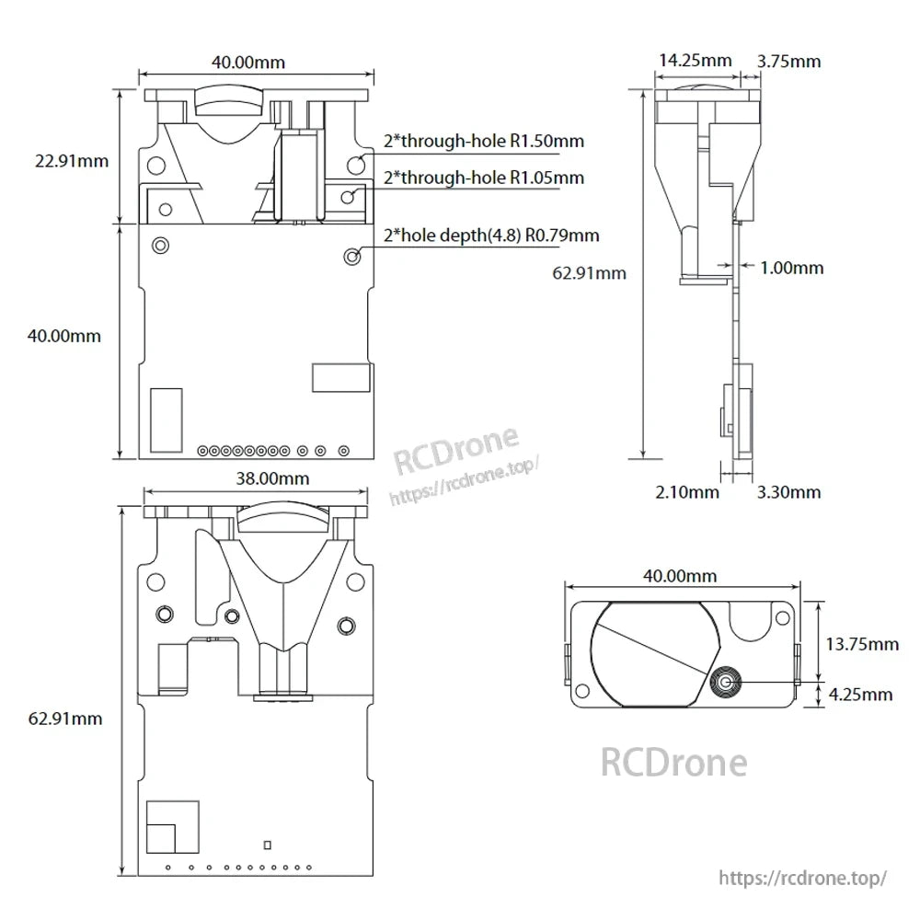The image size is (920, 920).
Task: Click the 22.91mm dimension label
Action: (72, 160)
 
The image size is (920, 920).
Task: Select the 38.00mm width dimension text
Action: (273, 477)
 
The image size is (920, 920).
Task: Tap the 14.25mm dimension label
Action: (695, 61)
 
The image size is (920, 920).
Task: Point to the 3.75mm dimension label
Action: (788, 61)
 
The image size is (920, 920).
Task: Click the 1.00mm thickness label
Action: (792, 268)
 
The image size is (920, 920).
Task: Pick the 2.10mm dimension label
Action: (687, 492)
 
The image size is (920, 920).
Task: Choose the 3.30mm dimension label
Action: (788, 492)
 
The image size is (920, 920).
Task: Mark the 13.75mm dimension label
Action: (862, 644)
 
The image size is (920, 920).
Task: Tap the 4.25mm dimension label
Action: (860, 695)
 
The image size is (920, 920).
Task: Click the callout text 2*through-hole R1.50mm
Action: (484, 141)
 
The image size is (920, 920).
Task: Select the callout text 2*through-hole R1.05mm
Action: (484, 177)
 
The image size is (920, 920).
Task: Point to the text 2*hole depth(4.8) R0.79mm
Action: (491, 236)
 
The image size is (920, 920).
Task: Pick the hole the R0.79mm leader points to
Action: (351, 255)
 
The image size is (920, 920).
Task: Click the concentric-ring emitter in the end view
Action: (727, 682)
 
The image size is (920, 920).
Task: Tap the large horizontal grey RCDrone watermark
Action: (673, 762)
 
